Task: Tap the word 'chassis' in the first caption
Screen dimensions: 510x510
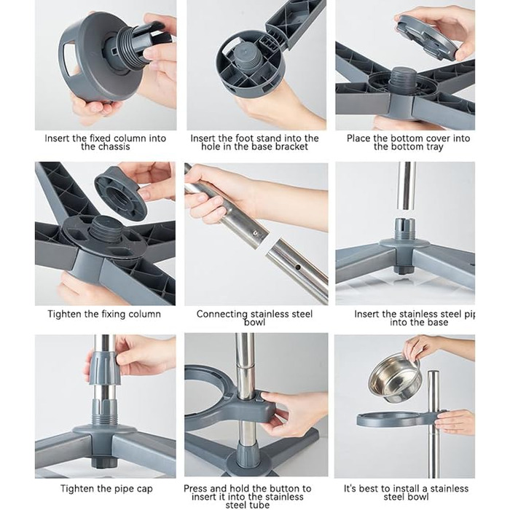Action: coord(106,146)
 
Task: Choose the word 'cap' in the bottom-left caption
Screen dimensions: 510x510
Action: coord(144,489)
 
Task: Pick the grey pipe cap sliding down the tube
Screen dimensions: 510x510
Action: coord(103,368)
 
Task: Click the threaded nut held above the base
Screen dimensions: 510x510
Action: coord(121,193)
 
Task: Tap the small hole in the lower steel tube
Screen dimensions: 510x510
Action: coord(297,267)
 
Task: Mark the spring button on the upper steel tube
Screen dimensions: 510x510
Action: coord(255,233)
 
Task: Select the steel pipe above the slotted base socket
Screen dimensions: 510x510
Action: coord(405,186)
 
